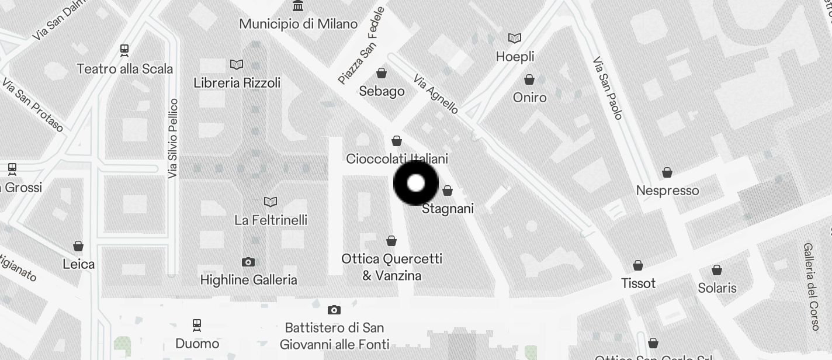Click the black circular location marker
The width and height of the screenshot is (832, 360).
[415, 183]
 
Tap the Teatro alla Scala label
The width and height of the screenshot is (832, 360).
[125, 69]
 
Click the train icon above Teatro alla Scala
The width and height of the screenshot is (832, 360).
[124, 50]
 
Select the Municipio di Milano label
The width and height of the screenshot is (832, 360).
[299, 24]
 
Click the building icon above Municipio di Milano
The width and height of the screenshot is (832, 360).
[299, 6]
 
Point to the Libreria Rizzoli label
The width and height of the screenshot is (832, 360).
[237, 83]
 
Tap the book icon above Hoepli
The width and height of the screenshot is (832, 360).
[515, 39]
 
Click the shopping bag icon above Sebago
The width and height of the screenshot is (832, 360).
[382, 73]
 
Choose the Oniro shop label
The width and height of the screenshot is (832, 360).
[529, 98]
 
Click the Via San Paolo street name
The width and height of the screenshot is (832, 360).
[608, 88]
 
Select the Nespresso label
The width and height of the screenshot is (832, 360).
[667, 191]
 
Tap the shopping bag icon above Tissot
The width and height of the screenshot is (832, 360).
[638, 265]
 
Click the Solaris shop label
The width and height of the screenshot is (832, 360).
[717, 288]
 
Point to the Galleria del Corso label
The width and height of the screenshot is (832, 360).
[811, 287]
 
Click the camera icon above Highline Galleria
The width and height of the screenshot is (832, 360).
[248, 262]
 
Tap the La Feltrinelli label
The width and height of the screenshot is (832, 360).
[271, 220]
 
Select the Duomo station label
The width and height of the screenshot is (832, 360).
[197, 344]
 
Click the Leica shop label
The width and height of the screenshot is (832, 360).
[78, 264]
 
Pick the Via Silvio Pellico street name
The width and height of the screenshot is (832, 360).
[172, 139]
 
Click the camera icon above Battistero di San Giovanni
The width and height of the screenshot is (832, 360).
[334, 310]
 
